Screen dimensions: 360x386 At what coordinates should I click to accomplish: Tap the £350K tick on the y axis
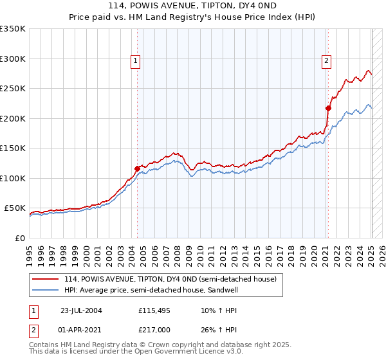tap(13, 29)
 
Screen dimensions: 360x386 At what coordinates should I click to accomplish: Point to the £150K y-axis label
tap(13, 148)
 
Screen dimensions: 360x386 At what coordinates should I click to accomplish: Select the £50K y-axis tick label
tap(15, 208)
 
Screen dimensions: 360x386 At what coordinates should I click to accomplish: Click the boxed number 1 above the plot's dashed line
tap(136, 61)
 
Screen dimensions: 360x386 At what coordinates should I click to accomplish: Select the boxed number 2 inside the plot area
tap(326, 61)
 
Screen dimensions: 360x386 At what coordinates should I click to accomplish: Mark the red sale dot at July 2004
tap(137, 168)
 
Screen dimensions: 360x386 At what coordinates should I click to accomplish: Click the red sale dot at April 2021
tap(328, 108)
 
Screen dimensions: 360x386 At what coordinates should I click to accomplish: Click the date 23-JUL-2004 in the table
tap(80, 310)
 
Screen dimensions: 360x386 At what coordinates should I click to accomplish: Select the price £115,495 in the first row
tap(154, 310)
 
